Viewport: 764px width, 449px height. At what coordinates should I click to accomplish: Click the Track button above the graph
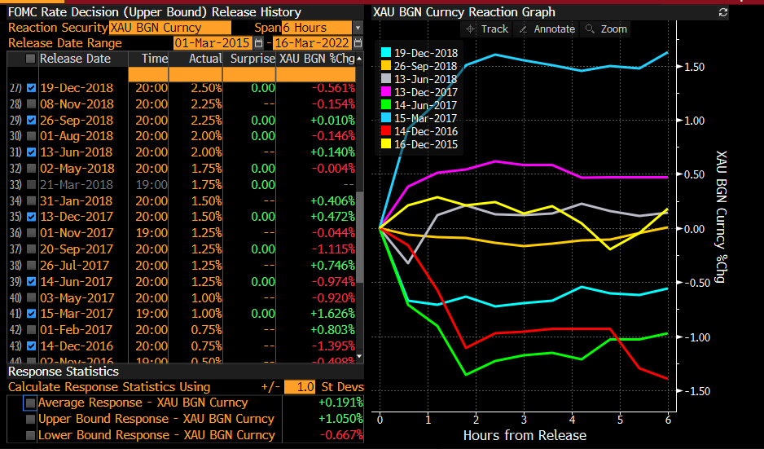coord(486,29)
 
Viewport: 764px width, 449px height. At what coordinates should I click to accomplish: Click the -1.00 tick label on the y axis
coord(696,337)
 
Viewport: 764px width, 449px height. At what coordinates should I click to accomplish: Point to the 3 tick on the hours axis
coord(524,419)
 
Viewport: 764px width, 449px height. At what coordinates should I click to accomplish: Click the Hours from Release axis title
coord(524,435)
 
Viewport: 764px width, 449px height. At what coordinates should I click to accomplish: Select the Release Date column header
coord(75,59)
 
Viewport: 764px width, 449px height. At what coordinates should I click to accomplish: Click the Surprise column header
coord(252,59)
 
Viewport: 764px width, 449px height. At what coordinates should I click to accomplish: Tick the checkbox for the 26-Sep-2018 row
coord(31,120)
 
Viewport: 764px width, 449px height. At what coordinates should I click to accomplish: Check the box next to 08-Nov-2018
coord(31,104)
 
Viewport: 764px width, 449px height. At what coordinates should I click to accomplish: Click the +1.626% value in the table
coord(333,313)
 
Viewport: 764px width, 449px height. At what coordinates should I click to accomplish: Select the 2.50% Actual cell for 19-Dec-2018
coord(205,88)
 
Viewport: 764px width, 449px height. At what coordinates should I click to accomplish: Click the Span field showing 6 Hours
coord(317,28)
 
